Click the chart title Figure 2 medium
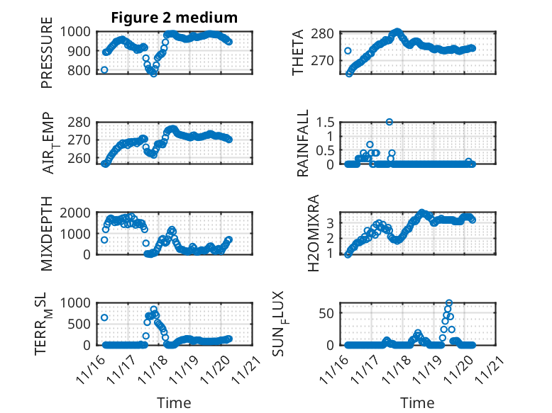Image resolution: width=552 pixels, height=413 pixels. click(x=174, y=18)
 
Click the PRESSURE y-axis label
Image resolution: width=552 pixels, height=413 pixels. click(x=47, y=57)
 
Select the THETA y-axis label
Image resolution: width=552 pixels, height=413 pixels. click(x=299, y=53)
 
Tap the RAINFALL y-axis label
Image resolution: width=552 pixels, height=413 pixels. click(x=303, y=142)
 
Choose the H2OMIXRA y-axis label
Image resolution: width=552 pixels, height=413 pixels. click(x=303, y=232)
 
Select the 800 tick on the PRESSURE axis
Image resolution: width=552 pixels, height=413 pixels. click(x=80, y=70)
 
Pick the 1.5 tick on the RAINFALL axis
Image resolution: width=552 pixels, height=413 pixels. click(x=326, y=122)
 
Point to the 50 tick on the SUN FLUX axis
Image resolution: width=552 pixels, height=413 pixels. click(x=328, y=313)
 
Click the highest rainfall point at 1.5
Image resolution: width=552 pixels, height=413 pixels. click(x=390, y=122)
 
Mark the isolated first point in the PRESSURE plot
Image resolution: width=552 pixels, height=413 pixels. click(x=104, y=69)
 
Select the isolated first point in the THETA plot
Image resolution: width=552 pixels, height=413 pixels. click(x=348, y=51)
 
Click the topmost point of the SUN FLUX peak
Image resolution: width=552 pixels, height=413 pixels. click(x=449, y=303)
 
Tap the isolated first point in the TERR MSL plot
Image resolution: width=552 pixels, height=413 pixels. click(x=104, y=317)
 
